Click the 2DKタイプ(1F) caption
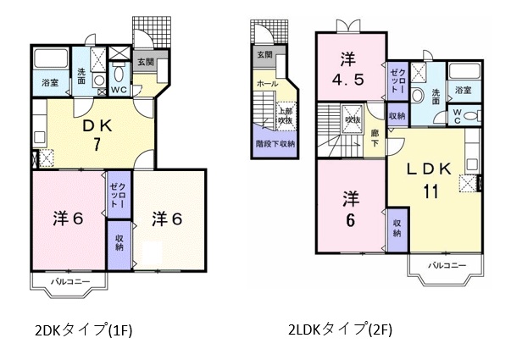click(84, 330)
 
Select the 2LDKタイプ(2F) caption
click(340, 330)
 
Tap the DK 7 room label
click(97, 135)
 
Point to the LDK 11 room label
click(430, 180)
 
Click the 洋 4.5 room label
click(348, 69)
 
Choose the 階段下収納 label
click(275, 143)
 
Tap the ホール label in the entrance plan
click(267, 83)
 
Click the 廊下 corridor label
click(375, 138)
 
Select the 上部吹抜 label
click(285, 116)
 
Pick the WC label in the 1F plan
click(119, 91)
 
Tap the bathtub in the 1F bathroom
click(51, 58)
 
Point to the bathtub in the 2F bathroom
click(464, 71)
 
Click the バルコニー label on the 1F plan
click(70, 281)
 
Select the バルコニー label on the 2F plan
click(447, 265)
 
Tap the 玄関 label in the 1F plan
click(146, 62)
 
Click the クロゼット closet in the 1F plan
click(119, 195)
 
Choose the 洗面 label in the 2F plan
click(436, 97)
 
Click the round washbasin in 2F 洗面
click(417, 96)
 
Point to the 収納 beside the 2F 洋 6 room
click(397, 229)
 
